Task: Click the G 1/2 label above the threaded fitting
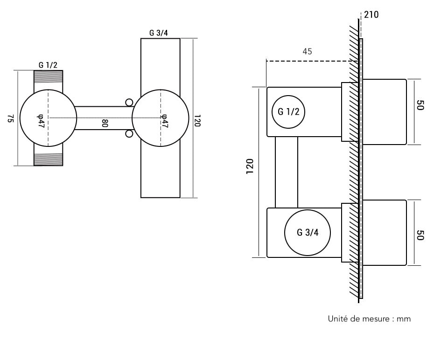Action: point(48,65)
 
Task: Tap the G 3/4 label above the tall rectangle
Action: point(159,33)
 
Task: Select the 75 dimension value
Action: point(11,118)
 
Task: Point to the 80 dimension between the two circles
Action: point(105,124)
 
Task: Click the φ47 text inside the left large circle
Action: point(41,121)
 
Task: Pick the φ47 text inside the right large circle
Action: point(164,121)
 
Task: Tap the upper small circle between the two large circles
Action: point(129,102)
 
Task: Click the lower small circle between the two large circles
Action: point(129,134)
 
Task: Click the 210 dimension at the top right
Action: point(371,15)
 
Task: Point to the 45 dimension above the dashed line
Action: point(307,51)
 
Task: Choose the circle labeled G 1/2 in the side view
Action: point(288,111)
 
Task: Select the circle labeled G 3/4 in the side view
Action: point(308,233)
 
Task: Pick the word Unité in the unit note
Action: point(338,319)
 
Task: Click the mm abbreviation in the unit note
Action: point(404,319)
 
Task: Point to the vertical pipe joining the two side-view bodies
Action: point(287,172)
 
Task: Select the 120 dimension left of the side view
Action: point(250,166)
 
